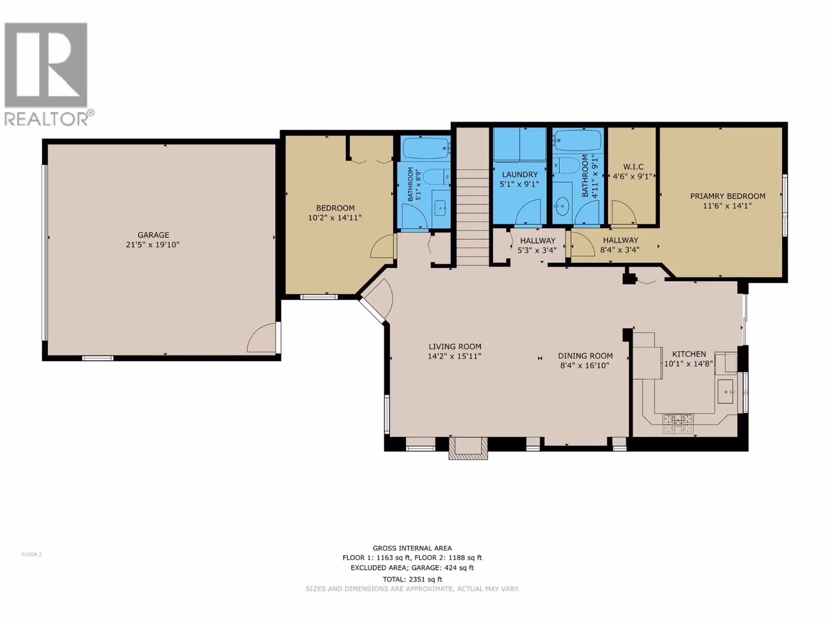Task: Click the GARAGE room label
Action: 153,234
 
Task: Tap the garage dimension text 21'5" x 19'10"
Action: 152,245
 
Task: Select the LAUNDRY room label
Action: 520,174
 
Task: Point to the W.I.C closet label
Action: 633,167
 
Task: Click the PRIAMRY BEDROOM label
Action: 728,196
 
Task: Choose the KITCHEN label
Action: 689,354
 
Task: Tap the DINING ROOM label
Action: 585,356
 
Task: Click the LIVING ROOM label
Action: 454,347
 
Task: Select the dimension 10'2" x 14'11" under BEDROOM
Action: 335,217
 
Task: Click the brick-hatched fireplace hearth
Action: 468,448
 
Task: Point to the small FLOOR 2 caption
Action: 32,554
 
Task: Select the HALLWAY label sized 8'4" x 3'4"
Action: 620,245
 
